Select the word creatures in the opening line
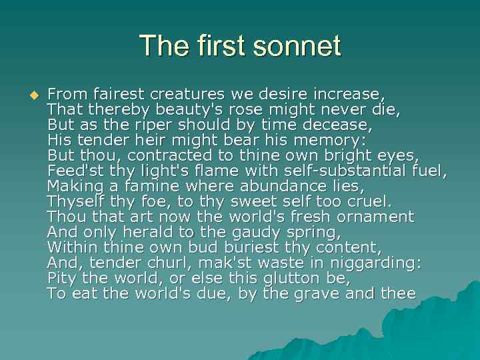coord(189,94)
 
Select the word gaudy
coord(271,232)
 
